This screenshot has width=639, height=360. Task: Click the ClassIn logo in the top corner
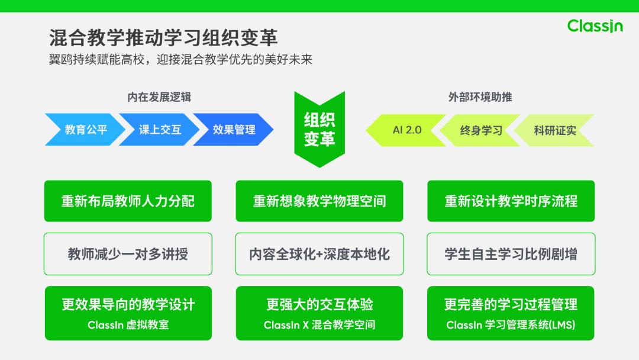pos(595,26)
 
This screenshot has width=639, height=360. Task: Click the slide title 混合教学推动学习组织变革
pos(163,38)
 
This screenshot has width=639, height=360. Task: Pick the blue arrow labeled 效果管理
pos(234,130)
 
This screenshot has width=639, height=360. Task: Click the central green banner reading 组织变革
pos(319,129)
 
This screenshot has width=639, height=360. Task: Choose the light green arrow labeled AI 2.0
pos(407,130)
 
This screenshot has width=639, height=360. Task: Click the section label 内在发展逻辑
pos(159,97)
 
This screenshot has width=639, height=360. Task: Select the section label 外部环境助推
pos(480,97)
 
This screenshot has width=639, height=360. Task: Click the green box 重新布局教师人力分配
pos(128,201)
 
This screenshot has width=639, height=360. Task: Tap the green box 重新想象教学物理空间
pos(319,201)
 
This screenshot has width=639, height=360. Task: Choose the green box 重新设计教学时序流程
pos(511,201)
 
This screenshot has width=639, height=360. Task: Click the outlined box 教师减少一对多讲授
pos(128,254)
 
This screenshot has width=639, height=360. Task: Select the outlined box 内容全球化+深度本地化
pos(319,254)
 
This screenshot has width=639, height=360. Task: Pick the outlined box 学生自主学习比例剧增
pos(511,254)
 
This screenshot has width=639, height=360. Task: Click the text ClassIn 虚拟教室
pos(128,325)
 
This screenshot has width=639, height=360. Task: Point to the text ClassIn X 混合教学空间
pos(319,325)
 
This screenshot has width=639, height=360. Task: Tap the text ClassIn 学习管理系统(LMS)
pos(511,325)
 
